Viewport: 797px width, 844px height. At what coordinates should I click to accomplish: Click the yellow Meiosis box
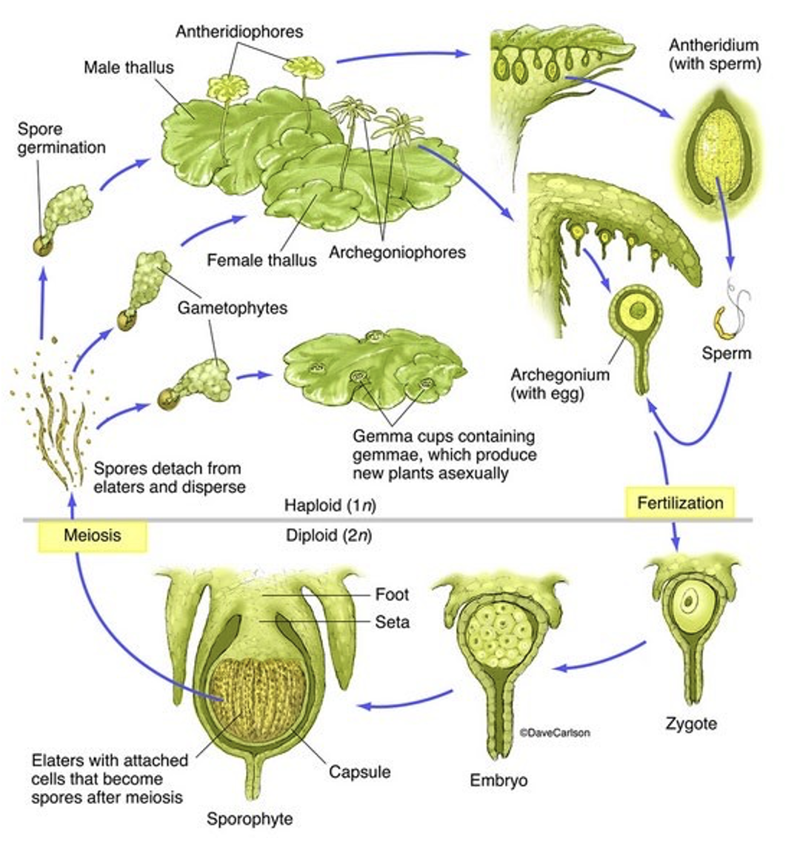click(92, 535)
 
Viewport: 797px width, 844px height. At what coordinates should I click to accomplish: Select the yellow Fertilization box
click(680, 503)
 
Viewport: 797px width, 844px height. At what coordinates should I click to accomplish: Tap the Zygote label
click(690, 723)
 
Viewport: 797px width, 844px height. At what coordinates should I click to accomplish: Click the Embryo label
click(498, 780)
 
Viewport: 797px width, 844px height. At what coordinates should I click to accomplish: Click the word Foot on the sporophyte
click(392, 594)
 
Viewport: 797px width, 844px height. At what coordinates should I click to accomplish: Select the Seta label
click(392, 622)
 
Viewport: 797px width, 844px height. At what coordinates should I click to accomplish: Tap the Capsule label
click(359, 771)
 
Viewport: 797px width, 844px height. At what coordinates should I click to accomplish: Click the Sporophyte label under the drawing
click(250, 819)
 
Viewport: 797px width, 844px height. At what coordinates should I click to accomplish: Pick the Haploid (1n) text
click(330, 506)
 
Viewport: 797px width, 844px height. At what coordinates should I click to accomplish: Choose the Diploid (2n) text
click(329, 535)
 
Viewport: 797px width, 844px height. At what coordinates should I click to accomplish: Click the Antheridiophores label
click(239, 32)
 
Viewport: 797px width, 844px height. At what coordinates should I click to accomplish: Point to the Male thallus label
click(128, 67)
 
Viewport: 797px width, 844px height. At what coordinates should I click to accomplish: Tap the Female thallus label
click(261, 260)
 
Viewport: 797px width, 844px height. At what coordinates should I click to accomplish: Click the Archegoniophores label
click(397, 252)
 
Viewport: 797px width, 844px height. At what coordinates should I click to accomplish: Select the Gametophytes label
click(232, 307)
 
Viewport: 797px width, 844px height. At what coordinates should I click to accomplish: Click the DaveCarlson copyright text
click(555, 732)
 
